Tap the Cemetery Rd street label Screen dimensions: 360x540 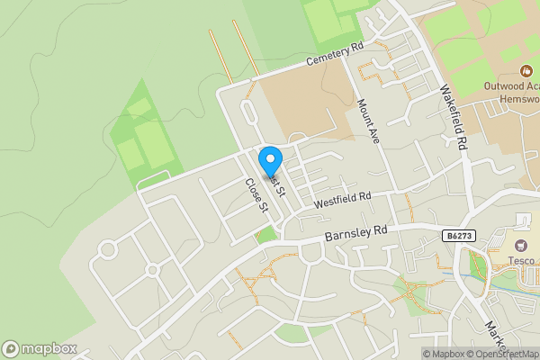tap(334, 57)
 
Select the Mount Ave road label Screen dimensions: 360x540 tap(366, 119)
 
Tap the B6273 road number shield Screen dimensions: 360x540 tap(458, 235)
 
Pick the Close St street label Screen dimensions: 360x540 tap(257, 195)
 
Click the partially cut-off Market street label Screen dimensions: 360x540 tap(494, 337)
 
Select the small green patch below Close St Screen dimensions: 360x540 tap(265, 236)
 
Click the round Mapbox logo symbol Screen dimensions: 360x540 tap(12, 348)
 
